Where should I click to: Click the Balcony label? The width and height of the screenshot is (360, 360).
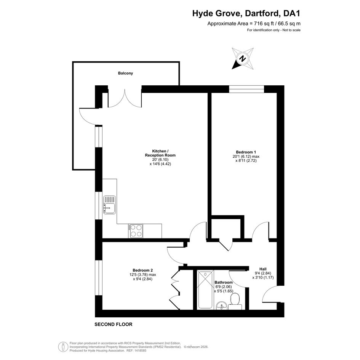tap(125, 73)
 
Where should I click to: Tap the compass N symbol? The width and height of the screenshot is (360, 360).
tap(242, 59)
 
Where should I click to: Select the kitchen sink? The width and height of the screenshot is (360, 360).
tap(109, 205)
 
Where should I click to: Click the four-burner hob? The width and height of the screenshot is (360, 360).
tap(136, 231)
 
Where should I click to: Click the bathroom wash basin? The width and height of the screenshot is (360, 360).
tap(222, 306)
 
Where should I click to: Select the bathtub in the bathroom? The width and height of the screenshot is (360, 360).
tap(205, 290)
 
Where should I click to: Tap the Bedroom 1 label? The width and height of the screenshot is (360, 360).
tap(246, 152)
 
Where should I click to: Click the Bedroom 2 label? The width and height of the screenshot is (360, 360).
tap(142, 270)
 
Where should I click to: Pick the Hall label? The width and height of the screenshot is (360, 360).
tap(263, 269)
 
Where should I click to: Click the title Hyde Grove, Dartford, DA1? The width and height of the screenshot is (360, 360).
tap(246, 13)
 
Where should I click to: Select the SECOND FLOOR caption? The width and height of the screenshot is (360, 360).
tap(114, 325)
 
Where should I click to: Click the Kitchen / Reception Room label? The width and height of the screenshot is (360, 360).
tap(160, 153)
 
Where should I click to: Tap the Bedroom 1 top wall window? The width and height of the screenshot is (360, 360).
tap(246, 89)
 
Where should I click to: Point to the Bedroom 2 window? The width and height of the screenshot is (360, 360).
tap(99, 278)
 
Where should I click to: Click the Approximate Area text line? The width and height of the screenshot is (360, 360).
tap(254, 24)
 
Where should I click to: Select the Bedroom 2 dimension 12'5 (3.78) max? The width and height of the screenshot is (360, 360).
tap(142, 275)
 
